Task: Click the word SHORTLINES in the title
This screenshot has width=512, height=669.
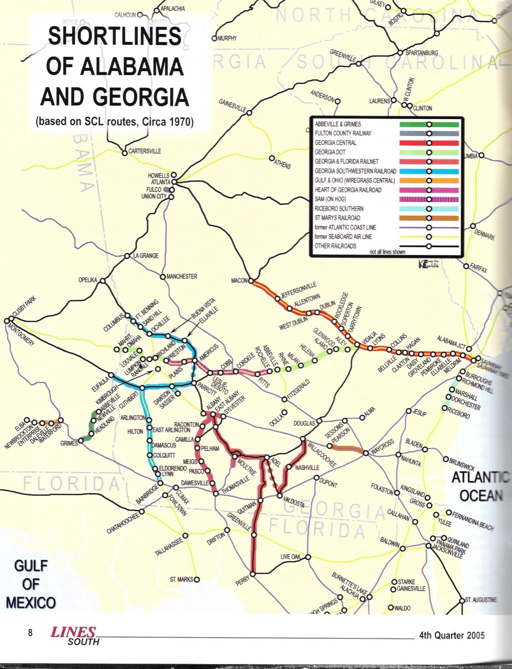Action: point(115,36)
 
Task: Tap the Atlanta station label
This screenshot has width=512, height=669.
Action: point(160,182)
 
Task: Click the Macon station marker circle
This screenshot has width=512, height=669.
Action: point(251,281)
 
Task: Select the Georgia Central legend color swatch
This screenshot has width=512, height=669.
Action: point(429,143)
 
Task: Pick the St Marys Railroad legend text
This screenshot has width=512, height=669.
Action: point(337,218)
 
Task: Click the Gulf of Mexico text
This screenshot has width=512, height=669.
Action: point(31,584)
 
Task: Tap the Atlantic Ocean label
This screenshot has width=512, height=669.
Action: point(481,486)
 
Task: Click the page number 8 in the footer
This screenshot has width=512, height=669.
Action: point(30,633)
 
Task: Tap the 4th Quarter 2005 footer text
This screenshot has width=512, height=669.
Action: point(451,636)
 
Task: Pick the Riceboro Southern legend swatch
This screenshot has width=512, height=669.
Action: point(429,209)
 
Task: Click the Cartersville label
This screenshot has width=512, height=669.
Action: point(144,151)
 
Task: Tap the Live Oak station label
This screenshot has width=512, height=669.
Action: point(290,557)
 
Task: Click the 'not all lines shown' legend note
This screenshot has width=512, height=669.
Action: point(387,252)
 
